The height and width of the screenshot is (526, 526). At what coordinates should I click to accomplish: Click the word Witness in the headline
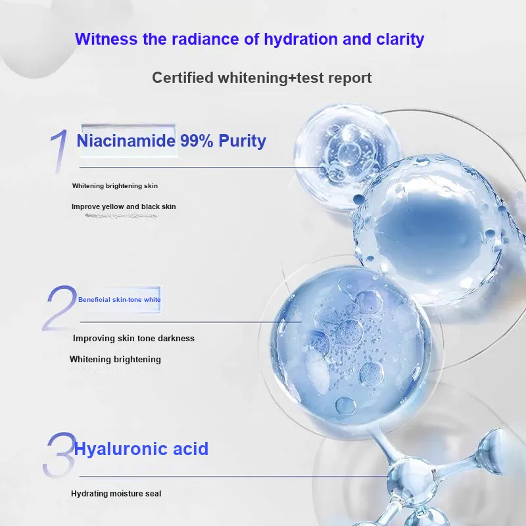click(106, 39)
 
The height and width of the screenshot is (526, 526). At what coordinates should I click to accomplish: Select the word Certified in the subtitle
click(183, 78)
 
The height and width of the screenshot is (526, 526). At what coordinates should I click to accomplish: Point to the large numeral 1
click(60, 151)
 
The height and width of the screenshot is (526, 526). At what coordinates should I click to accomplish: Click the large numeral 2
click(59, 308)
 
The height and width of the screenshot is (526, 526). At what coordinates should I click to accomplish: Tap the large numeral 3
click(59, 454)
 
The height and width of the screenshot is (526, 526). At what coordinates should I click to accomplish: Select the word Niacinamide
click(126, 141)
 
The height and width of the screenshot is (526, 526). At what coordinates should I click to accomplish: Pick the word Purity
click(242, 141)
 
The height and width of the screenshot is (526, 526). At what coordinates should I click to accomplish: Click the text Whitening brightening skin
click(114, 186)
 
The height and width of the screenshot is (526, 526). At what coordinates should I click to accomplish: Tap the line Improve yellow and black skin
click(124, 206)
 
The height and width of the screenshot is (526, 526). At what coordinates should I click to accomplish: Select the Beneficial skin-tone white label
click(120, 300)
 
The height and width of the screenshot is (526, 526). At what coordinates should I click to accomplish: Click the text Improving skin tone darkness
click(133, 338)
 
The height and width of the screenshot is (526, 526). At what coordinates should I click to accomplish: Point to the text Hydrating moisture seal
click(116, 494)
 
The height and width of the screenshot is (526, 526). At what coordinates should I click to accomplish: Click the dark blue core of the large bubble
click(424, 228)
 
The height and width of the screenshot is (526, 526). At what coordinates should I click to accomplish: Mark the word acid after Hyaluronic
click(191, 449)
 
